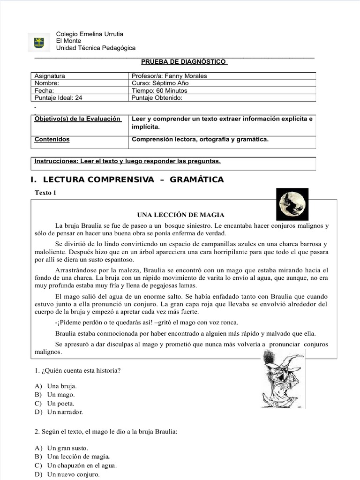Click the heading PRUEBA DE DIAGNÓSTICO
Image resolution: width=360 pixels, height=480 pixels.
pyautogui.click(x=184, y=61)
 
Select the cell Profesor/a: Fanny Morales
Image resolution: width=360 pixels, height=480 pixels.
pyautogui.click(x=169, y=76)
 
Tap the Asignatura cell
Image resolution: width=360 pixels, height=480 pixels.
pyautogui.click(x=50, y=76)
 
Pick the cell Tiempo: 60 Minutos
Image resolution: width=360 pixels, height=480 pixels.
pyautogui.click(x=159, y=90)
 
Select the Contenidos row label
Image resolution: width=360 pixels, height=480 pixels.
pyautogui.click(x=52, y=139)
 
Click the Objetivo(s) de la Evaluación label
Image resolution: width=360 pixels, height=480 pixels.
pyautogui.click(x=77, y=119)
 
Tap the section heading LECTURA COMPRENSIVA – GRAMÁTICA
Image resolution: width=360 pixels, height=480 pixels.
pyautogui.click(x=127, y=180)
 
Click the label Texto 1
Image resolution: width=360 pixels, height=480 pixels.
pyautogui.click(x=45, y=193)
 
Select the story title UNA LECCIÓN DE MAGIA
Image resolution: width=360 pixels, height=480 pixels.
pyautogui.click(x=180, y=215)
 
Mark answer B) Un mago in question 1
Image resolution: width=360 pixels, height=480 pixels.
pyautogui.click(x=61, y=395)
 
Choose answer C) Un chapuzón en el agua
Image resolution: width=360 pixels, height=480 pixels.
pyautogui.click(x=82, y=465)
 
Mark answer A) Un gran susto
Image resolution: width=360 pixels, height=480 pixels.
pyautogui.click(x=67, y=448)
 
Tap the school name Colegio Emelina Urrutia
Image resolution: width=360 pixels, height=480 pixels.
pyautogui.click(x=90, y=34)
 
